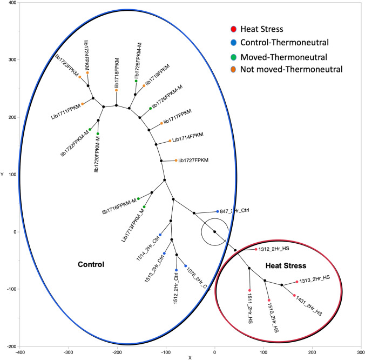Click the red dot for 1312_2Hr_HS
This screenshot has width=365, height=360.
pyautogui.click(x=256, y=249)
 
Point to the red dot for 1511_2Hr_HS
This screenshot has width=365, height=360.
pyautogui.click(x=249, y=290)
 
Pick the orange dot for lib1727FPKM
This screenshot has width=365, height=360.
pyautogui.click(x=176, y=161)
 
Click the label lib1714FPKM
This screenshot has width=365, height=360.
pyautogui.click(x=189, y=139)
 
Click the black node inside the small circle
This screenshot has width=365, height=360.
pyautogui.click(x=214, y=232)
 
